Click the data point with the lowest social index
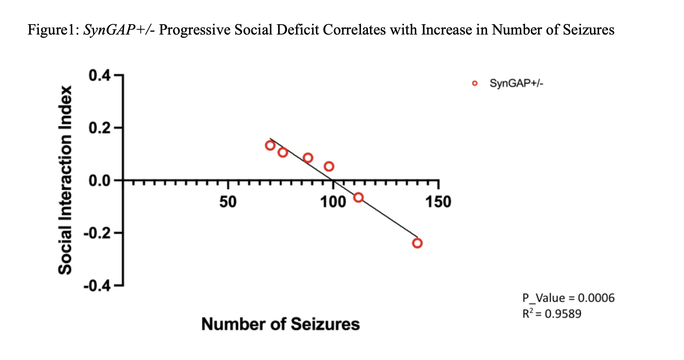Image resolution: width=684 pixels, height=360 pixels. click(x=417, y=243)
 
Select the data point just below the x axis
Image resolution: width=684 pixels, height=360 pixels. click(x=358, y=198)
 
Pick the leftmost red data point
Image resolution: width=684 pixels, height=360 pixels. click(x=270, y=145)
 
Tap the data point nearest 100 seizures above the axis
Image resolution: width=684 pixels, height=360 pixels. click(x=329, y=166)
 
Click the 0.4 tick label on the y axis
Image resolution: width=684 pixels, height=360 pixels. click(x=99, y=75)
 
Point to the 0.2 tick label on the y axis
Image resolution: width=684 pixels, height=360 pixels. click(x=99, y=128)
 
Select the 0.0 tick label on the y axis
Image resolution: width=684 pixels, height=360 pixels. click(x=99, y=181)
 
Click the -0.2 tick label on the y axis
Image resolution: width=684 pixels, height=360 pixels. click(x=97, y=233)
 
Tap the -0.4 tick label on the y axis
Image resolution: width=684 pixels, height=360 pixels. click(x=97, y=286)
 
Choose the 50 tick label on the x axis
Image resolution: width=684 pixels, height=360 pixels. click(x=228, y=202)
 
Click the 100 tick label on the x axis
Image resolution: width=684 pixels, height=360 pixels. click(x=333, y=202)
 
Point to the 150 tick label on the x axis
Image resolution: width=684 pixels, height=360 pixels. click(x=438, y=202)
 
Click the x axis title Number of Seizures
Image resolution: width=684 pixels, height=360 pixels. click(x=280, y=324)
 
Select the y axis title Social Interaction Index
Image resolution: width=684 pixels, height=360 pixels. click(x=65, y=180)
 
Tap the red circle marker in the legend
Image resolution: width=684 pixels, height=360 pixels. click(x=474, y=83)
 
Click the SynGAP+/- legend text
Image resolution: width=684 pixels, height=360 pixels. click(x=516, y=83)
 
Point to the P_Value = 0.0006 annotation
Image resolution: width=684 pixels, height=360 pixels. click(x=568, y=298)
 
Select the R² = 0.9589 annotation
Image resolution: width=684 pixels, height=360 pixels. click(x=552, y=314)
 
